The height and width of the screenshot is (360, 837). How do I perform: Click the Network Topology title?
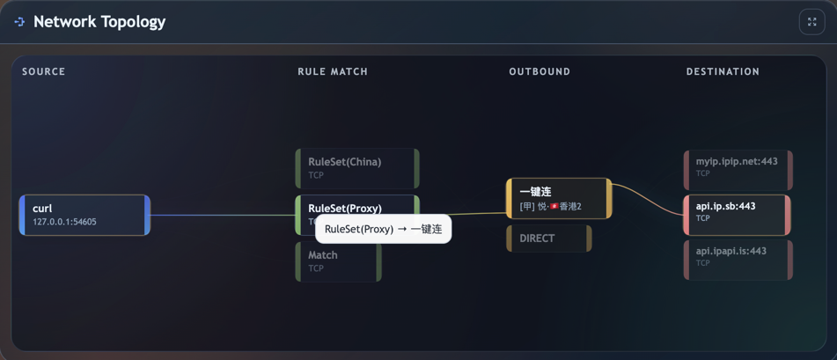click(99, 22)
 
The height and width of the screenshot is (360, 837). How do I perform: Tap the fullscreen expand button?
click(811, 22)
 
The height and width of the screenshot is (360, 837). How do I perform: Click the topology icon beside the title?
click(19, 22)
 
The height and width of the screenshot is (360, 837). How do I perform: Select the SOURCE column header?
click(44, 71)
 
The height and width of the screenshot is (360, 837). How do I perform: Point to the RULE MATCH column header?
click(333, 71)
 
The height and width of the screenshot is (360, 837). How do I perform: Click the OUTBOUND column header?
click(540, 71)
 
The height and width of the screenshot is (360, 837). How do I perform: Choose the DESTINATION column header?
click(723, 71)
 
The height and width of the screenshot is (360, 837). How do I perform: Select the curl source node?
click(84, 215)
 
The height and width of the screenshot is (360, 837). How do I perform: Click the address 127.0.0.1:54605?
click(65, 222)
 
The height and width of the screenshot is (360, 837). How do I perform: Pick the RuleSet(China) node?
click(357, 168)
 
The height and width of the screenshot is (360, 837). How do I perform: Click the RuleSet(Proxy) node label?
click(345, 208)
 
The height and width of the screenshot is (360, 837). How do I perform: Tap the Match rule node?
click(339, 261)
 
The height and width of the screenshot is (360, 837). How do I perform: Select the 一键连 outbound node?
click(559, 198)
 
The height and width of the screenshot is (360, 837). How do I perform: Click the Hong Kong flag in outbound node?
click(554, 207)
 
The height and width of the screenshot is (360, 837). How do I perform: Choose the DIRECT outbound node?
click(548, 239)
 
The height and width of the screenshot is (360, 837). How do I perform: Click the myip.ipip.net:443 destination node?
click(738, 168)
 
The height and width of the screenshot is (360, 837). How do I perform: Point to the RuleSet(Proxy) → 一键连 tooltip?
click(383, 229)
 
